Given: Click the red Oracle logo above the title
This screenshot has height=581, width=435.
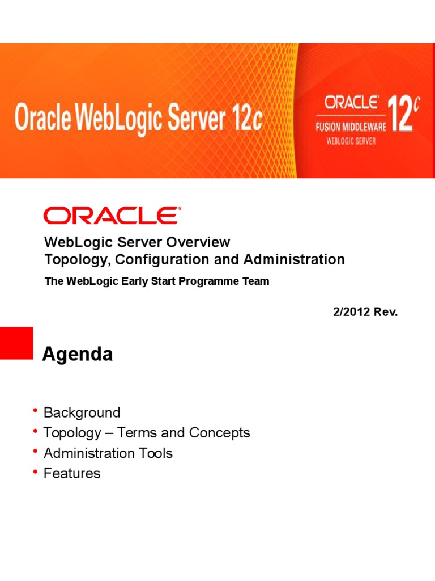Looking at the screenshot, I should tap(112, 216).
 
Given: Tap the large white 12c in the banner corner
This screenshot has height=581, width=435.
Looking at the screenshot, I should tap(402, 113).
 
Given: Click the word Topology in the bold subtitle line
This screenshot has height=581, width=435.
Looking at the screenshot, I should tap(71, 260).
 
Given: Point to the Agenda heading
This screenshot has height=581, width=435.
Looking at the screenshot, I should tap(78, 355).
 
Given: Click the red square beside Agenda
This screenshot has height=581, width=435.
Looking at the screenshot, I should tap(16, 343).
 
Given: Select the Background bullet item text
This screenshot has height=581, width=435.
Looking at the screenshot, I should tap(82, 412).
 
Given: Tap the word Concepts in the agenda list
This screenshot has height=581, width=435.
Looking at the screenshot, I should tap(219, 433).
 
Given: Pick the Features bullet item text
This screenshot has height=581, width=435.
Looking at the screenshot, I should tap(72, 474).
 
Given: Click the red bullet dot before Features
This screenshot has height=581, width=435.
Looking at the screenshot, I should tap(36, 471).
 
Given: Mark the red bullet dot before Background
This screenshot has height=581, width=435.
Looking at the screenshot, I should tap(36, 410).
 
